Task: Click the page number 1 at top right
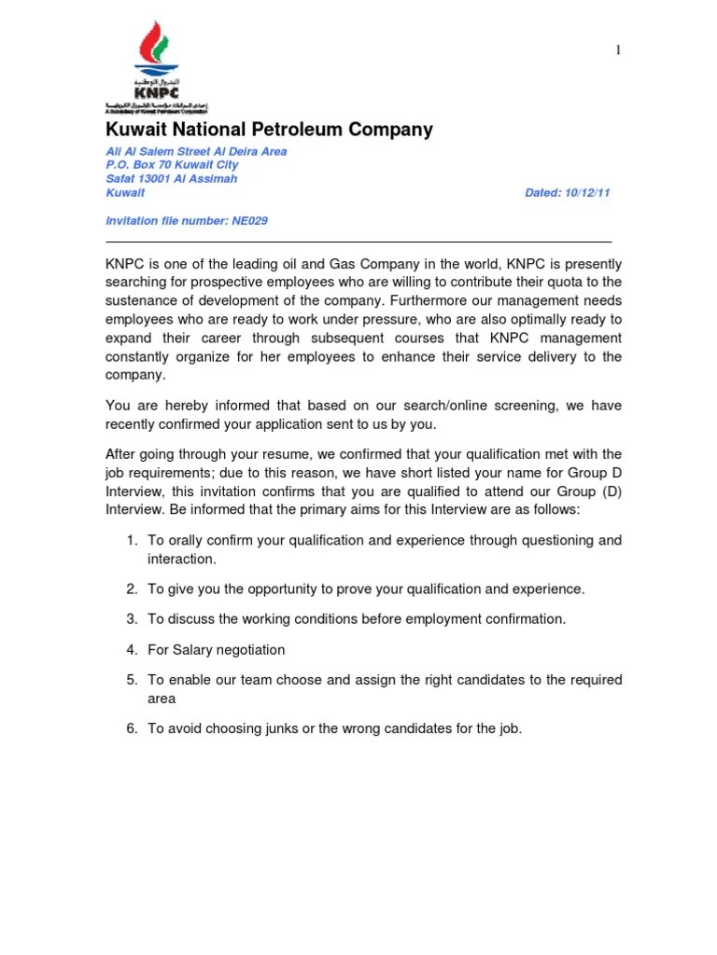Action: (x=617, y=50)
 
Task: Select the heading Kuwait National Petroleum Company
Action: (x=269, y=130)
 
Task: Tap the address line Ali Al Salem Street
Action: (x=196, y=151)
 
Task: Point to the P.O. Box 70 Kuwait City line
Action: (x=178, y=165)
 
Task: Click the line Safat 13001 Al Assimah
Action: (x=172, y=179)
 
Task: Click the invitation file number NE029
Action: (x=251, y=221)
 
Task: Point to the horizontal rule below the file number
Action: (x=358, y=241)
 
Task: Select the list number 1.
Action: (x=132, y=541)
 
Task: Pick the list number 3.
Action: (x=132, y=619)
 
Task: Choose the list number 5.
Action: (x=132, y=680)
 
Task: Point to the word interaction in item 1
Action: (x=180, y=560)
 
